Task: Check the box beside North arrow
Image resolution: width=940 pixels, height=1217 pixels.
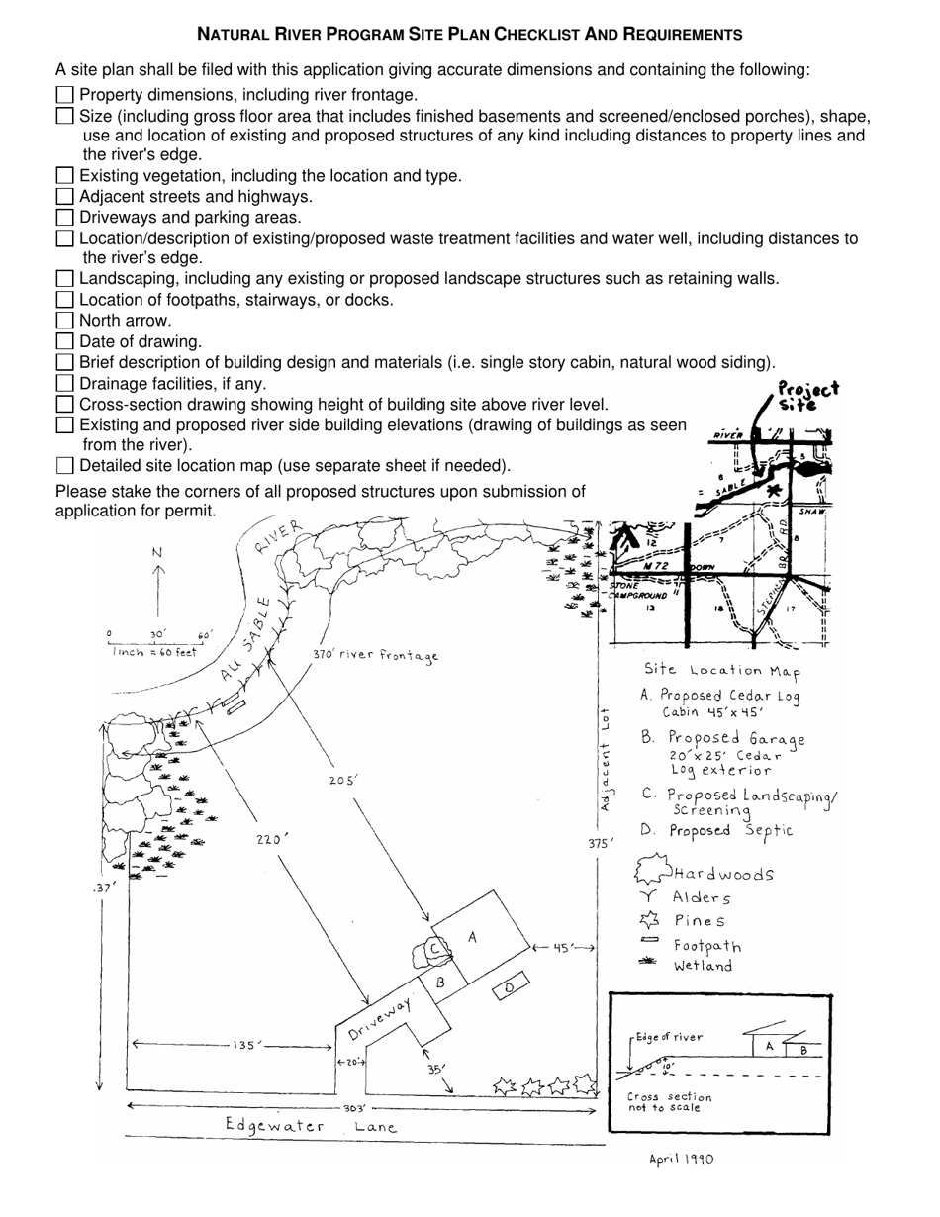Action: (x=65, y=321)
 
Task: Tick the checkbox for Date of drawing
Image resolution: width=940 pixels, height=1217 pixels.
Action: (x=65, y=341)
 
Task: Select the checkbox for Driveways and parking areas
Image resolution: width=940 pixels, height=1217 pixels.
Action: (x=65, y=217)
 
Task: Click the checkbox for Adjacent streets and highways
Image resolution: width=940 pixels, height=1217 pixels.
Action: (x=65, y=196)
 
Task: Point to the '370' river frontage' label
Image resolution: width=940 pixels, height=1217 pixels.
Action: (x=375, y=655)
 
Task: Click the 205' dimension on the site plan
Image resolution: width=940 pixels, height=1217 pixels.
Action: (x=343, y=781)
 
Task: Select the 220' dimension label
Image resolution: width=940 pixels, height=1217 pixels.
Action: (x=271, y=839)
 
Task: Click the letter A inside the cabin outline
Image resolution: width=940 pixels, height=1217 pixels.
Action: (x=472, y=937)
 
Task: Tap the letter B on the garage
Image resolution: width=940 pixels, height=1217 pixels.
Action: (x=440, y=983)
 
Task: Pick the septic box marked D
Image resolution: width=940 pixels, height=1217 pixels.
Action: (x=509, y=987)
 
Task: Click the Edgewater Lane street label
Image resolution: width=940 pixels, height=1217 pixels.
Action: (x=311, y=1126)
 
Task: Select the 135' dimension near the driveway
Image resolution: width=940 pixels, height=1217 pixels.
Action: (x=246, y=1046)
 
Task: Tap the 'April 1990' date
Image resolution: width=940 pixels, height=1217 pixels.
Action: (x=681, y=1159)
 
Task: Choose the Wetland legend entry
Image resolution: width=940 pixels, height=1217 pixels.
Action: (x=703, y=966)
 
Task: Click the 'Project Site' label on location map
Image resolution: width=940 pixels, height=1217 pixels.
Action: (x=807, y=396)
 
